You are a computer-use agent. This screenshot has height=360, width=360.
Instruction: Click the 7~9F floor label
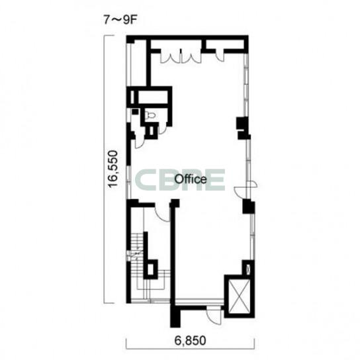(120, 21)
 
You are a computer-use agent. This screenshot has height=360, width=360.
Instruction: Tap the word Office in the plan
(191, 179)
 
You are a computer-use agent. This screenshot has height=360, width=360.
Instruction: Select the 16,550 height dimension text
(113, 169)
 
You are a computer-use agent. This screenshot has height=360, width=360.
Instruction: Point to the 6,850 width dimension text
(190, 340)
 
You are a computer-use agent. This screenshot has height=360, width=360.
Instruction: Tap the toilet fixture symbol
(151, 114)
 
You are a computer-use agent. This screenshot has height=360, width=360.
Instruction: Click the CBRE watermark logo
(180, 180)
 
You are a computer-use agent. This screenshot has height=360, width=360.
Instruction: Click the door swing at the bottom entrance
(214, 316)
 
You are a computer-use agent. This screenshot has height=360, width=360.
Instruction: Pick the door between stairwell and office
(162, 212)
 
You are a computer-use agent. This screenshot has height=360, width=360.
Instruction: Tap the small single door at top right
(220, 55)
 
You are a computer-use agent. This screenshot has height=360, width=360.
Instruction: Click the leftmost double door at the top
(170, 56)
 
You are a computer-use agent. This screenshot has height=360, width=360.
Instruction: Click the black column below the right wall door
(249, 206)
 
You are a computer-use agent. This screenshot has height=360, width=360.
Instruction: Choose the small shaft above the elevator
(248, 268)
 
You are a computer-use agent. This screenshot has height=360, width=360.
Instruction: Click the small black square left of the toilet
(135, 112)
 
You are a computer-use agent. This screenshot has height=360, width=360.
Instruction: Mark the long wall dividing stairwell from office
(173, 253)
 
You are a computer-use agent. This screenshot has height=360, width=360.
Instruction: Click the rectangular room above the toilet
(153, 97)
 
